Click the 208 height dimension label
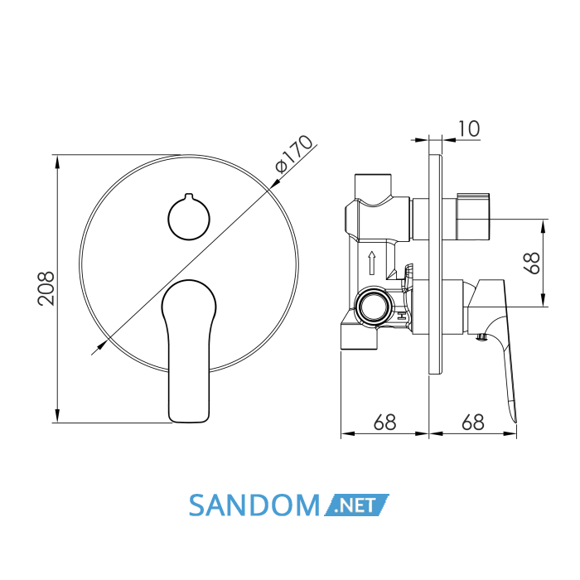click(46, 288)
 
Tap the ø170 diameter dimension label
click(294, 154)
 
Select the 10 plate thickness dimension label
click(469, 128)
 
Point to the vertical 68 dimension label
click(533, 263)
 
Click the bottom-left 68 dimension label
click(384, 422)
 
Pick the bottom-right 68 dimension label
click(473, 422)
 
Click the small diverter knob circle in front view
click(189, 217)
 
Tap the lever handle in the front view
click(189, 350)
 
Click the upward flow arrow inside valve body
click(372, 263)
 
